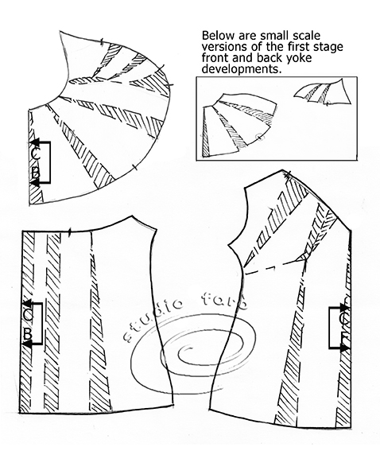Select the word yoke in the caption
(x=301, y=57)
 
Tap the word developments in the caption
(x=242, y=69)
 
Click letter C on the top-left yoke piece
(x=36, y=154)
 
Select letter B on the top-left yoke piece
(x=36, y=173)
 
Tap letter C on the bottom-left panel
(x=28, y=315)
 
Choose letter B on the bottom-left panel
(x=27, y=334)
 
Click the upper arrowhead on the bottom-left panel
(x=27, y=303)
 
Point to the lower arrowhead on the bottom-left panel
(x=27, y=344)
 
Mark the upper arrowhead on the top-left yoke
(x=34, y=142)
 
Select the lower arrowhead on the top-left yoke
(x=35, y=183)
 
